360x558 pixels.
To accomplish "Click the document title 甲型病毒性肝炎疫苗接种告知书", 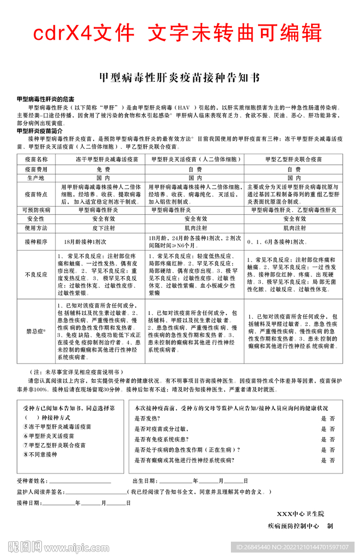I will [x=180, y=77].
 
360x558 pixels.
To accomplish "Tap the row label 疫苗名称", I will [x=36, y=160].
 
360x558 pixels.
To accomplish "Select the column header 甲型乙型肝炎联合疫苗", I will [x=294, y=160].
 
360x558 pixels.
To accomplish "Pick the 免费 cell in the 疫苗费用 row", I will [x=100, y=169].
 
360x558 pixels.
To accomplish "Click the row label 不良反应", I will [x=36, y=275].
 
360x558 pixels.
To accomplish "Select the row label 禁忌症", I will [x=36, y=331].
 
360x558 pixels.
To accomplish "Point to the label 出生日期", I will [x=145, y=482].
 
